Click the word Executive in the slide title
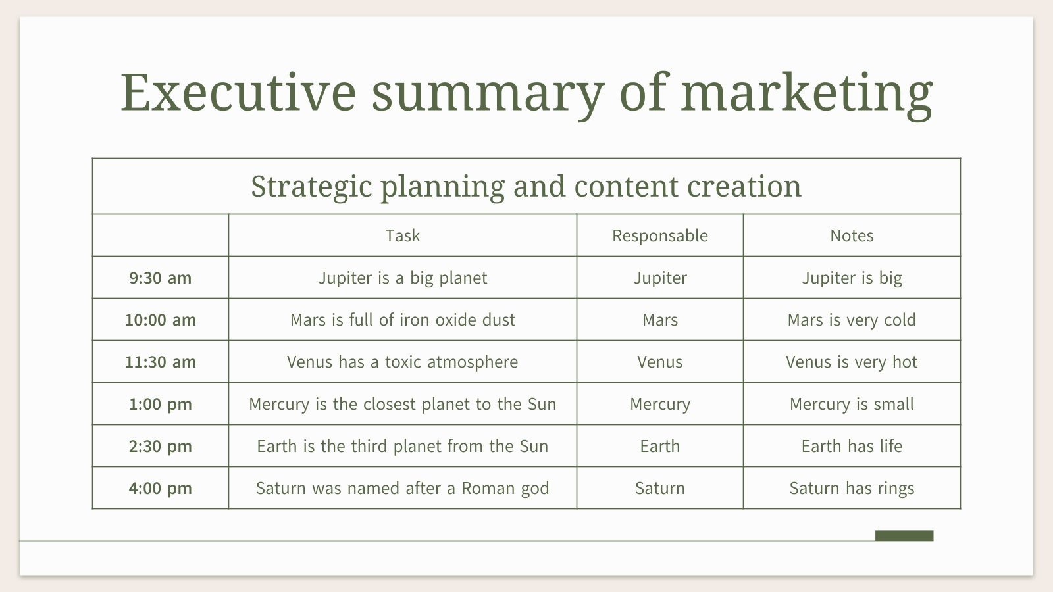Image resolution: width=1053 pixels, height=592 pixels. pyautogui.click(x=238, y=92)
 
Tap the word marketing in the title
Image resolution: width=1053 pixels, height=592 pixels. pyautogui.click(x=806, y=92)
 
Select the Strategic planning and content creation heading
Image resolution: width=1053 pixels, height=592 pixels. pyautogui.click(x=526, y=186)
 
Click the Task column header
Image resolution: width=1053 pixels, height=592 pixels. pyautogui.click(x=402, y=235)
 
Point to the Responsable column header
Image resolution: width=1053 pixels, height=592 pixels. pyautogui.click(x=659, y=235)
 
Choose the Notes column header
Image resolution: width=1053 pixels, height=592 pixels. pyautogui.click(x=852, y=235)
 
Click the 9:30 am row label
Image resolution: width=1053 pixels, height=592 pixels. pyautogui.click(x=161, y=278)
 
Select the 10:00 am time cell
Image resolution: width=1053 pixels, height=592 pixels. pyautogui.click(x=161, y=320)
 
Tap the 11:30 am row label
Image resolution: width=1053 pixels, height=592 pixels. pyautogui.click(x=161, y=362)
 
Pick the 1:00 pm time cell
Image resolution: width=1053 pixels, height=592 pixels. pyautogui.click(x=161, y=404)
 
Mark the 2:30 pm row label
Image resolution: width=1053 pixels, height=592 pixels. pyautogui.click(x=161, y=446)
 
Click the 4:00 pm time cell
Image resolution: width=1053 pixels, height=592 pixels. pyautogui.click(x=161, y=488)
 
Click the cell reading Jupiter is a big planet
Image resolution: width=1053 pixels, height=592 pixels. pyautogui.click(x=402, y=278)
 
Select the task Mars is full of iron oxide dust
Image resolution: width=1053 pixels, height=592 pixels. pyautogui.click(x=402, y=320)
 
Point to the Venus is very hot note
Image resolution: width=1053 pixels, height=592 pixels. pyautogui.click(x=852, y=362)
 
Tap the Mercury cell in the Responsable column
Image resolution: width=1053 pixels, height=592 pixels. pyautogui.click(x=659, y=404)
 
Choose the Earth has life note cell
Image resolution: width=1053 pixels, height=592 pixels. pyautogui.click(x=852, y=446)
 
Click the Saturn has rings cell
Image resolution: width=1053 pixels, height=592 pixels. pyautogui.click(x=852, y=488)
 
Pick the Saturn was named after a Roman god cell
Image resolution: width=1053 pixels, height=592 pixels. pyautogui.click(x=402, y=488)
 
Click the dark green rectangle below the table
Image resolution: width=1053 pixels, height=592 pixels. pyautogui.click(x=904, y=535)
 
